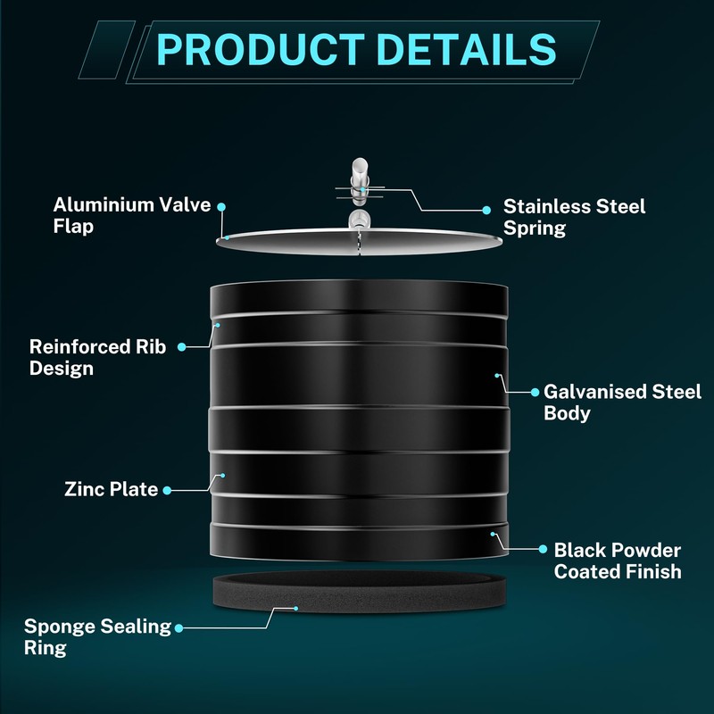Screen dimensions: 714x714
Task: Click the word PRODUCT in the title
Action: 260,49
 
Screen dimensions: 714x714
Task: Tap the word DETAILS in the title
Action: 467,49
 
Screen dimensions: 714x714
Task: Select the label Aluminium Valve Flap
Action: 132,215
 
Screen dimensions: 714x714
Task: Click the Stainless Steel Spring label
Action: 574,217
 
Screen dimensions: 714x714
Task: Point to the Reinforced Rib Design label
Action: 97,358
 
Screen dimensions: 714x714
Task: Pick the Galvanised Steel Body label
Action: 622,403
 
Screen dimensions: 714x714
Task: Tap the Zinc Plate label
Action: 111,489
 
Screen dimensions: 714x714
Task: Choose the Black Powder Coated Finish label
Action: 618,560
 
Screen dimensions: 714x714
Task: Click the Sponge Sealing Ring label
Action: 97,637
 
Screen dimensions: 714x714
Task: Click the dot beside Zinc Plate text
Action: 167,490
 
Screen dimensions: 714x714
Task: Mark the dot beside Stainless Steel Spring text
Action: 486,210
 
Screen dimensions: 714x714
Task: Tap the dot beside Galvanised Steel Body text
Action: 535,392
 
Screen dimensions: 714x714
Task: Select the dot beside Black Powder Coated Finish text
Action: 543,549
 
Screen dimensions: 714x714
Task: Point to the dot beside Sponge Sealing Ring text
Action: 179,628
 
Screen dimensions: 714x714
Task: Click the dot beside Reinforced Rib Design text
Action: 182,347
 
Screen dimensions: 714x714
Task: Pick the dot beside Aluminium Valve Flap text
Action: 221,207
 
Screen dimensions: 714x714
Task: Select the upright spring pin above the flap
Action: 360,182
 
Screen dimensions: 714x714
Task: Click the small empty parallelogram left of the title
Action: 107,50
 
